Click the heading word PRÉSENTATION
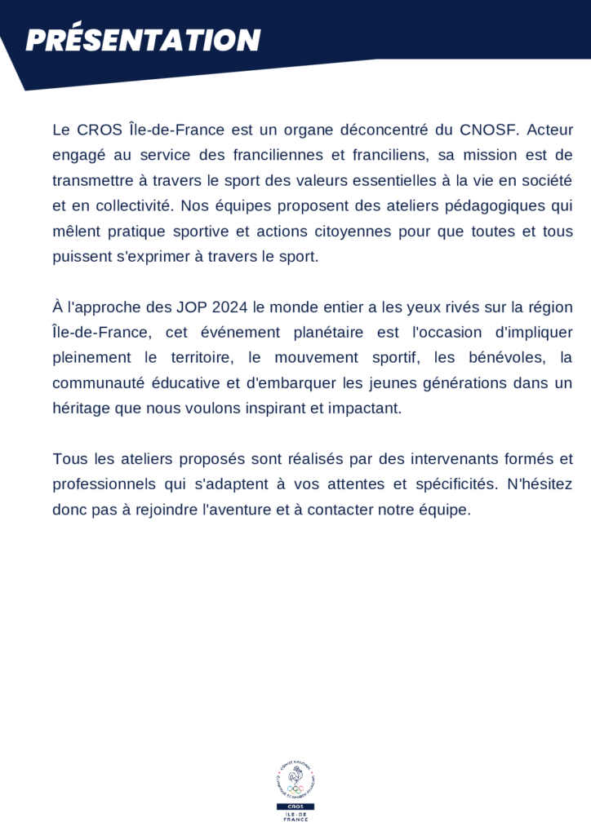(143, 40)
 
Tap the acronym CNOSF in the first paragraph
(489, 130)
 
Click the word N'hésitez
(540, 484)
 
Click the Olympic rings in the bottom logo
(295, 789)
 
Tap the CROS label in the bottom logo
(295, 806)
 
